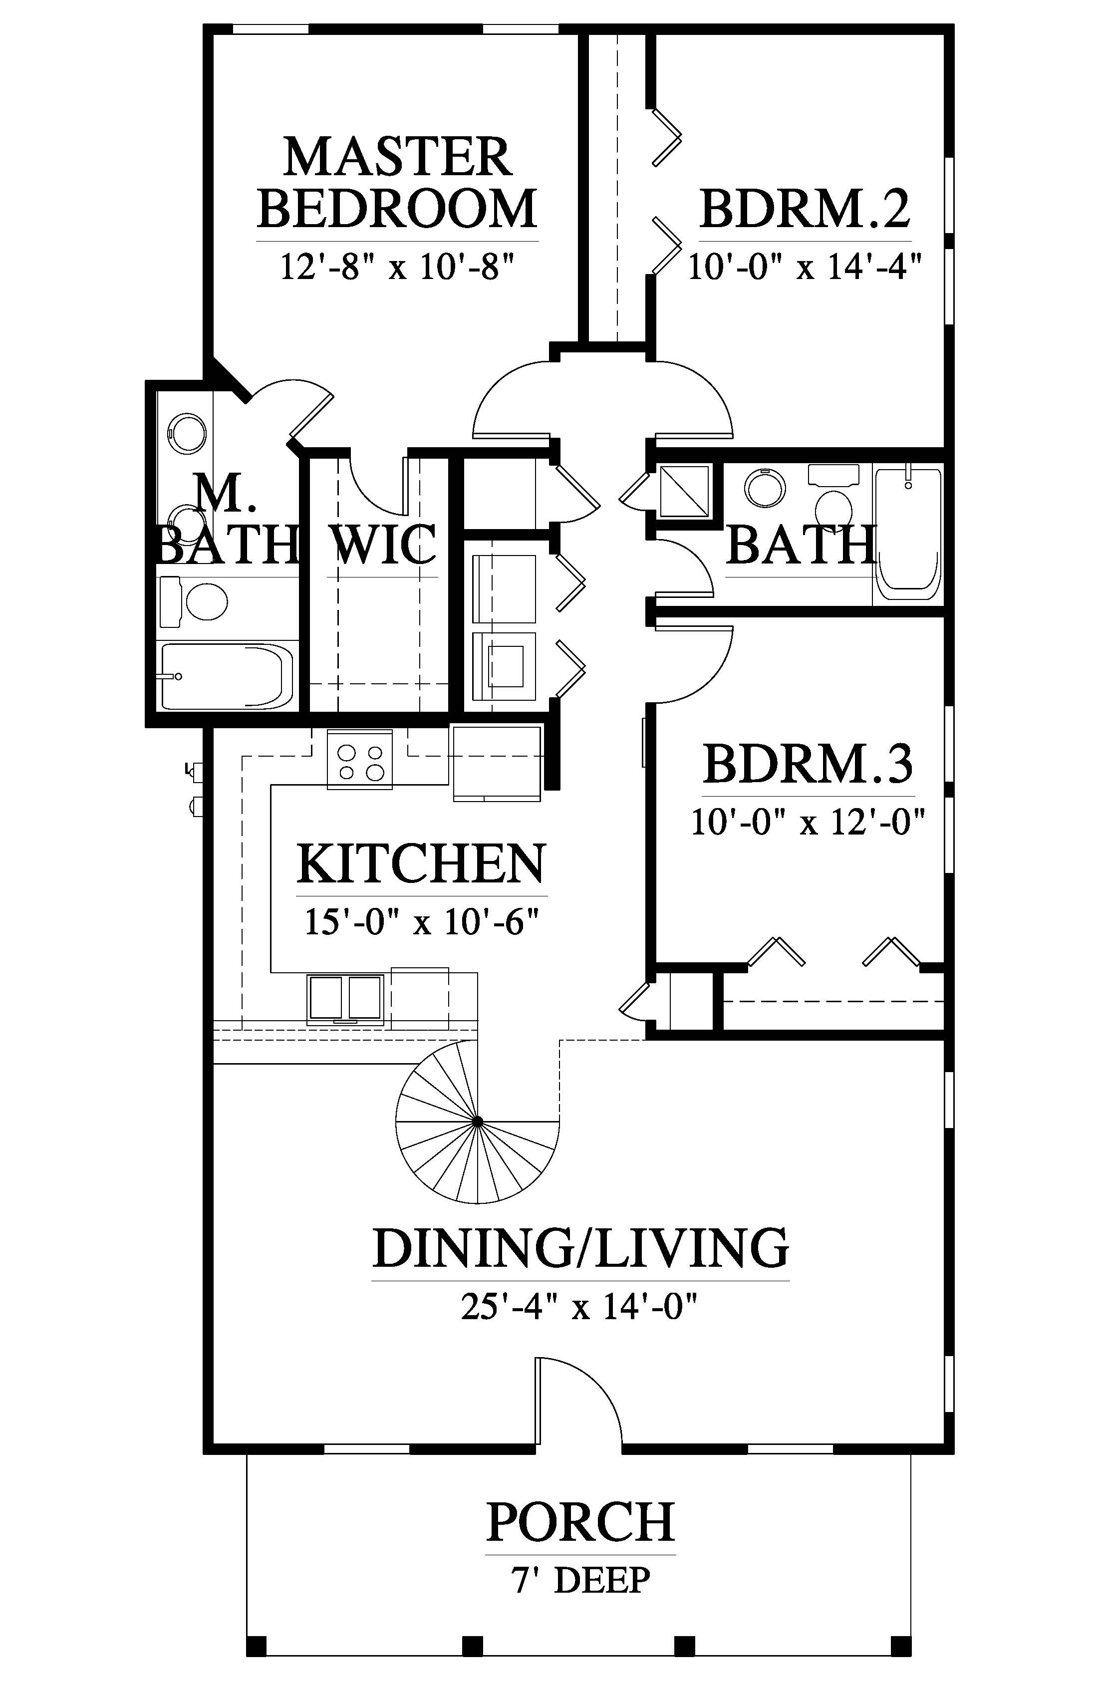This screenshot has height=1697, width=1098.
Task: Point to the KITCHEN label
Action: pyautogui.click(x=421, y=863)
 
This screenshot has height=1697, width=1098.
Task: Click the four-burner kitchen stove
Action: pyautogui.click(x=359, y=759)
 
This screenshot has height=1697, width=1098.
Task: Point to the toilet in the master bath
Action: pyautogui.click(x=193, y=602)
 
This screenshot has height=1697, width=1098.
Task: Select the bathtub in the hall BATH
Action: pyautogui.click(x=908, y=534)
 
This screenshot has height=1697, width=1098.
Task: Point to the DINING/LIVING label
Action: pyautogui.click(x=580, y=1248)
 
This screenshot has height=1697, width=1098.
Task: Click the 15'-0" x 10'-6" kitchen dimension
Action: pyautogui.click(x=421, y=922)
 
